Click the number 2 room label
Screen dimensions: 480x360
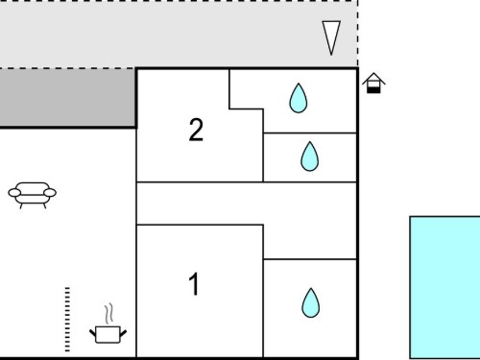coord(196,130)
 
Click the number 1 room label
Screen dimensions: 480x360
coord(194,284)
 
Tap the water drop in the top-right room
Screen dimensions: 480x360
coord(299,98)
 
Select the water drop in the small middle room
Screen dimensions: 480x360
coord(310,156)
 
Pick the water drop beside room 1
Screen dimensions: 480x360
coord(310,302)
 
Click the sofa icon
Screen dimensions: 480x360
coord(33,195)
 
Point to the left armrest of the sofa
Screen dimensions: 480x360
coord(14,193)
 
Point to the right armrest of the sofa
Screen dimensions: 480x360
coord(50,193)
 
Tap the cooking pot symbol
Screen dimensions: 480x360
coord(108,334)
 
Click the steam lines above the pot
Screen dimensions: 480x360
coord(108,313)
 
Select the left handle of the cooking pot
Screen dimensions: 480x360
coord(92,333)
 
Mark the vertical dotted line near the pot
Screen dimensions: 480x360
coord(67,320)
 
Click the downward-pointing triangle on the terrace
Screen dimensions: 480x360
coord(331,37)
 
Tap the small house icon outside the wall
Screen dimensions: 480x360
coord(373,84)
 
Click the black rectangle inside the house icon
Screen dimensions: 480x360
coord(373,90)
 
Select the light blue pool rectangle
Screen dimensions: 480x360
coord(445,287)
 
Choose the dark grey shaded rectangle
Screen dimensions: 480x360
coord(67,98)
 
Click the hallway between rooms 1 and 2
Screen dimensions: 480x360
coord(247,204)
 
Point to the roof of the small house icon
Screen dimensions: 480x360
coord(373,79)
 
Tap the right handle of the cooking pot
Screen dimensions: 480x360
coord(123,333)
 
